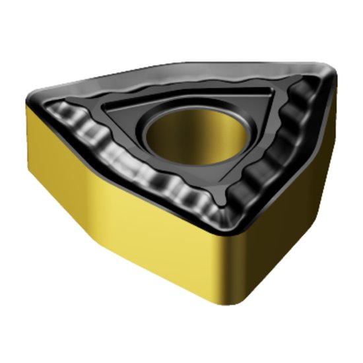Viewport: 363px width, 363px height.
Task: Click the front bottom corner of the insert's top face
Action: pos(231,228)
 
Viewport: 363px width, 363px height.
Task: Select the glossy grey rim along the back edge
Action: pos(178,73)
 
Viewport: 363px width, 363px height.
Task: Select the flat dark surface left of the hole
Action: pos(132,122)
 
